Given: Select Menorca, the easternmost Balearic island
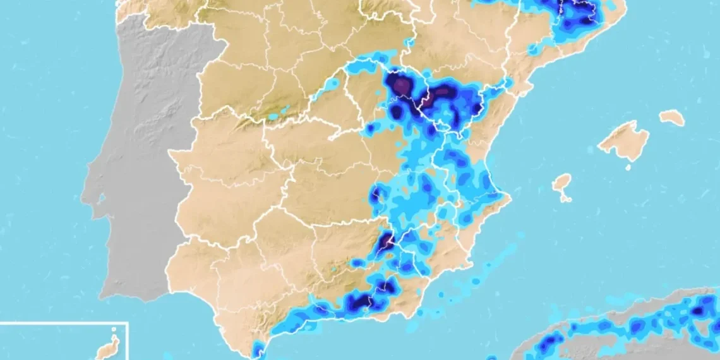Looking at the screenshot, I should (x=672, y=117).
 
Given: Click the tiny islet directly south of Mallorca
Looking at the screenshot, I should (x=629, y=168).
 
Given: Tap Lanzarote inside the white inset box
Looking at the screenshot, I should (x=108, y=348).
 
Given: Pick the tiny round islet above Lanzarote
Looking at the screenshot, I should (x=113, y=329).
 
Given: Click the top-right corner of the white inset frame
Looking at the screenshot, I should (x=128, y=323).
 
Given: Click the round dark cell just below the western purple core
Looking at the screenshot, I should (x=397, y=111).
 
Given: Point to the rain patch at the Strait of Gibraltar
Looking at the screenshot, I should (x=258, y=349).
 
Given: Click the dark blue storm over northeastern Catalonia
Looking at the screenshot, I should (x=578, y=13).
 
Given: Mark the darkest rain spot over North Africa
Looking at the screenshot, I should (x=697, y=310).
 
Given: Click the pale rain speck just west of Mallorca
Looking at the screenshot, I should (x=591, y=150).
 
